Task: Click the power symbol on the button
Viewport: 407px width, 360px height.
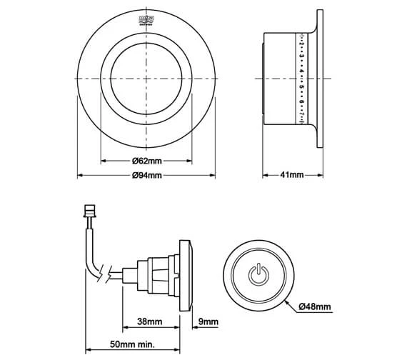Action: pos(258,273)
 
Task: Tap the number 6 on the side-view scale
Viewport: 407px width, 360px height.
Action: pos(302,99)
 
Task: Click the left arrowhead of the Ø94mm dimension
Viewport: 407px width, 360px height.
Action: pos(79,176)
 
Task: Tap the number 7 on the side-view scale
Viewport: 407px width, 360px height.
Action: pos(302,113)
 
